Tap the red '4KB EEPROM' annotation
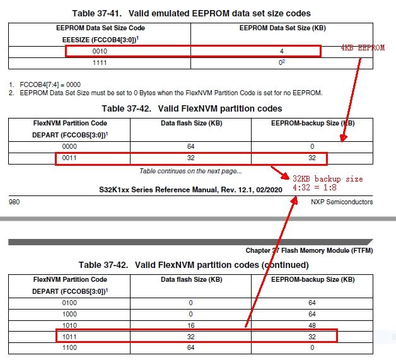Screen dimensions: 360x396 click(x=362, y=48)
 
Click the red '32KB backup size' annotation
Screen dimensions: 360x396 click(x=327, y=178)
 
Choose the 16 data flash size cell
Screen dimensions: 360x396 click(x=190, y=325)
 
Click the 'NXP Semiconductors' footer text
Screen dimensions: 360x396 click(x=341, y=202)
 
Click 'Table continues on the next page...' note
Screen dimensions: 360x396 click(x=190, y=170)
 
